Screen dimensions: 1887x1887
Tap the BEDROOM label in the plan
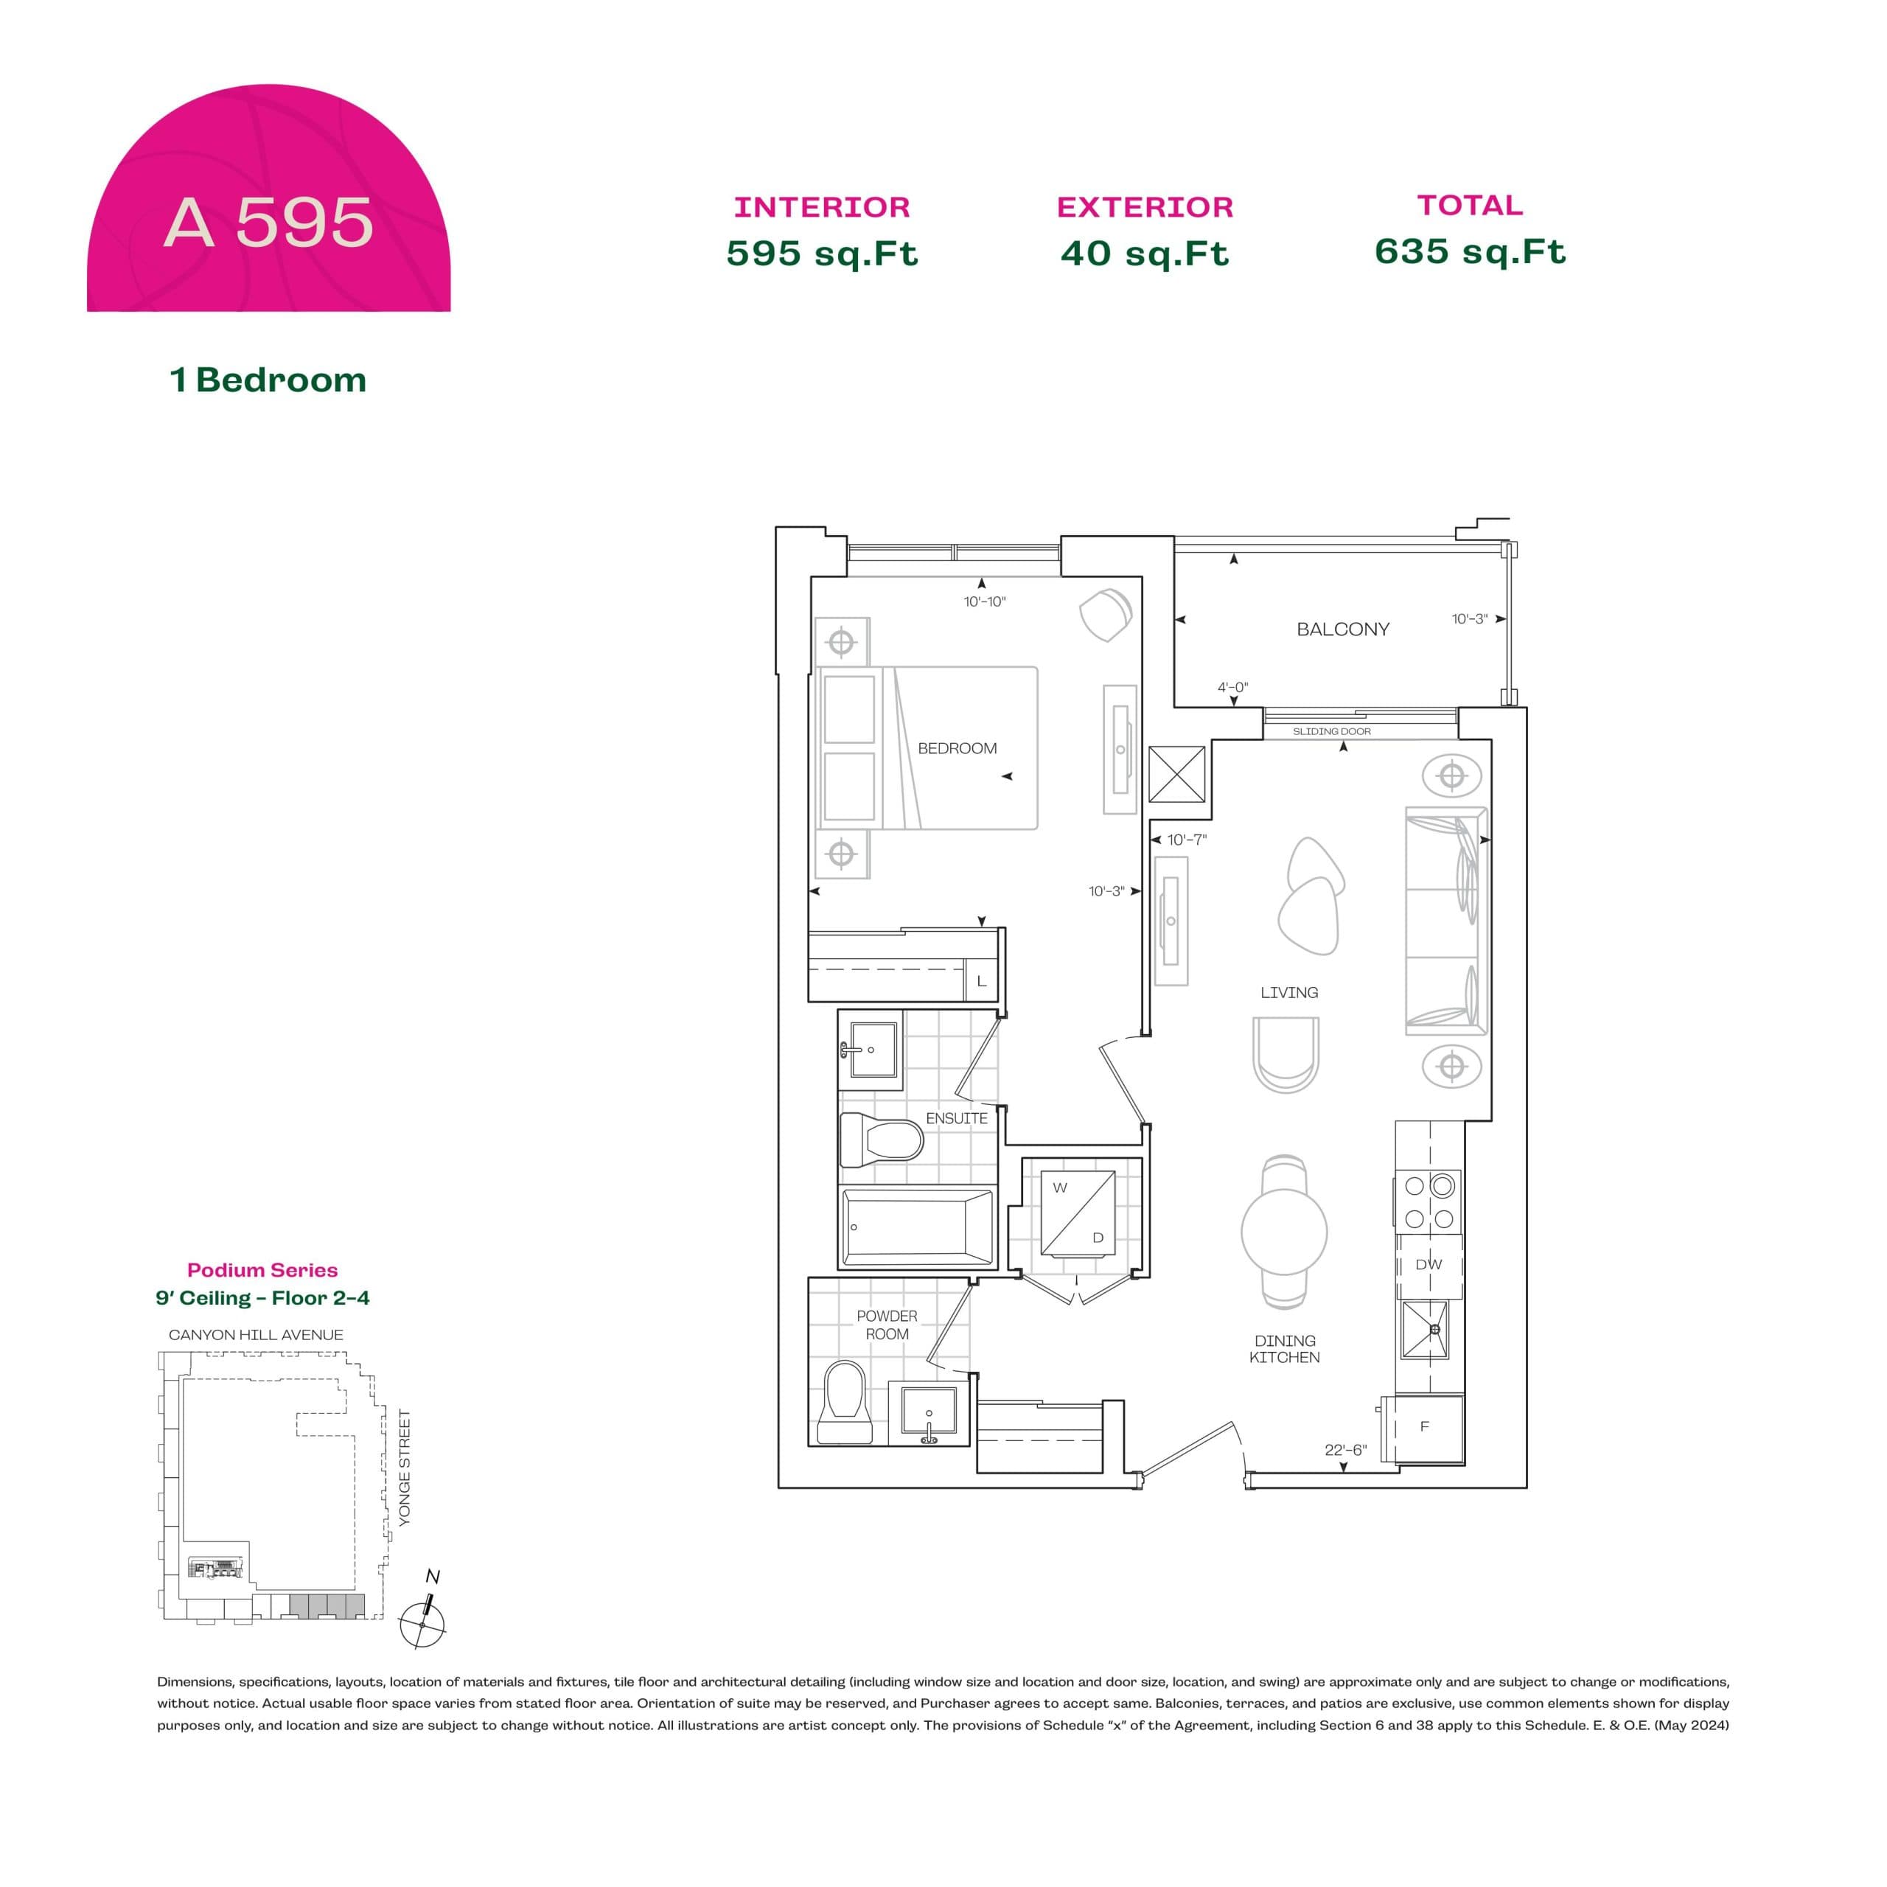958,748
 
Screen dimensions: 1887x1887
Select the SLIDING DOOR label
1331,731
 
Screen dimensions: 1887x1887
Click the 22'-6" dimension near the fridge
1345,1451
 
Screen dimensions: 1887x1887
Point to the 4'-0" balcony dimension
1232,688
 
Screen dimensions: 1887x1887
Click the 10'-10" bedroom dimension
985,601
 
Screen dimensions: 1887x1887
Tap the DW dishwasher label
1428,1265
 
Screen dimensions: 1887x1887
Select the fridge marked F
1425,1427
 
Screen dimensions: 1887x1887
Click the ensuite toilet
881,1140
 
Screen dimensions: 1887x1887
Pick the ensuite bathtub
916,1227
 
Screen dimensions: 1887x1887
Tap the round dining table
1283,1232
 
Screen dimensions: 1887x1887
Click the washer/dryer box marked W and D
1078,1213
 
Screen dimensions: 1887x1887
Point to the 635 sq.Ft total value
1469,252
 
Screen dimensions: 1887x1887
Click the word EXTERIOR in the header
1145,207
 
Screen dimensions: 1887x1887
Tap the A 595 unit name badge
268,223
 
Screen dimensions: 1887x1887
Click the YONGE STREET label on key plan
405,1467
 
